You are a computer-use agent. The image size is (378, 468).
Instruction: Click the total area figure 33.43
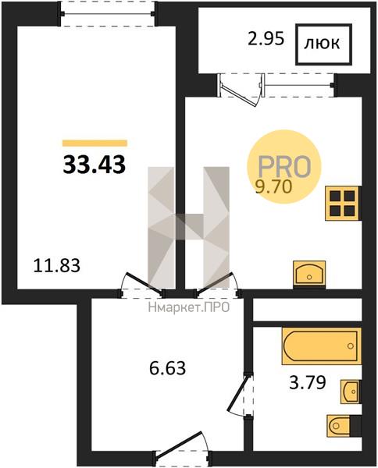[x=94, y=165]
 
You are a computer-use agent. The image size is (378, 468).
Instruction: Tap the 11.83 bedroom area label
[x=57, y=265]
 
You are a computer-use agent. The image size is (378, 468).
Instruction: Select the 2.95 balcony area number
[x=266, y=39]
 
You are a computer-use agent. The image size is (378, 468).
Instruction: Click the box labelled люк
[x=323, y=44]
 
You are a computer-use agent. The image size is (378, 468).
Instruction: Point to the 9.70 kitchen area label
[x=273, y=187]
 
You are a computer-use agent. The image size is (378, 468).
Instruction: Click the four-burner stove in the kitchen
[x=342, y=204]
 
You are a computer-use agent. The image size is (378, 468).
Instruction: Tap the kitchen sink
[x=309, y=274]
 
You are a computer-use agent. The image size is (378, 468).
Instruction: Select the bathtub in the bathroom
[x=322, y=346]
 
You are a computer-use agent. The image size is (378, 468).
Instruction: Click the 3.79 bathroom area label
[x=307, y=382]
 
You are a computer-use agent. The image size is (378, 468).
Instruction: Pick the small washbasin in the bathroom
[x=350, y=392]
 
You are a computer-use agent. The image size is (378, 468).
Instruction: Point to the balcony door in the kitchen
[x=240, y=90]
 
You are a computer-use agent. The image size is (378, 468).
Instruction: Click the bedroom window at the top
[x=108, y=14]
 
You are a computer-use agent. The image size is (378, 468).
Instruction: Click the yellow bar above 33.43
[x=94, y=144]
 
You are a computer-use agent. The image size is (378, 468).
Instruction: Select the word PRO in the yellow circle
[x=284, y=166]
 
